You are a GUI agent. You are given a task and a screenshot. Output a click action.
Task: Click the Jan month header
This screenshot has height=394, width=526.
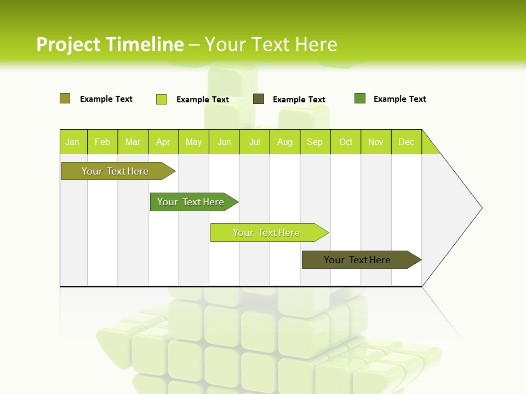click(x=73, y=142)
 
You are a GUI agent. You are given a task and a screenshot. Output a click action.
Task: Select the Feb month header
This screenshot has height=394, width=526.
click(x=102, y=142)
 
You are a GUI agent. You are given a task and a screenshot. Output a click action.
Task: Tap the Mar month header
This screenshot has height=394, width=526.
click(x=133, y=142)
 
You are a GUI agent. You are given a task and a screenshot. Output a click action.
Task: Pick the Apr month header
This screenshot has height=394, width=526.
click(x=163, y=142)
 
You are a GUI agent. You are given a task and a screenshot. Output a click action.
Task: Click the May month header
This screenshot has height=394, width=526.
click(x=193, y=142)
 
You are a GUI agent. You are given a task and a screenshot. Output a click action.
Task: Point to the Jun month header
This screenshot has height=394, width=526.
click(x=224, y=142)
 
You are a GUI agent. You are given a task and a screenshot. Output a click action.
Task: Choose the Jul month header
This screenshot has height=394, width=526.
click(x=254, y=142)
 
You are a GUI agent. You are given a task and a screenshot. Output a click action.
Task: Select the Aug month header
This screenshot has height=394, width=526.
click(x=285, y=142)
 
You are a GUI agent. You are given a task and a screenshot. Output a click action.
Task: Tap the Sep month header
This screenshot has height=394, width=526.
click(x=315, y=142)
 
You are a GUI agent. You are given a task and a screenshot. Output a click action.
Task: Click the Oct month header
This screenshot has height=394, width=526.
click(x=346, y=142)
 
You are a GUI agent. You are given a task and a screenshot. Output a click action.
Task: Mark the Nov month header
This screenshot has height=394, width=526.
click(x=376, y=142)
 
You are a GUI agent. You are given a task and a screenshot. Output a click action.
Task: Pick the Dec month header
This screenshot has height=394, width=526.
click(x=407, y=142)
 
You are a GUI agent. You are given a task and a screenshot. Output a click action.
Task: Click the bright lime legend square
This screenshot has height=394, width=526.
click(x=162, y=99)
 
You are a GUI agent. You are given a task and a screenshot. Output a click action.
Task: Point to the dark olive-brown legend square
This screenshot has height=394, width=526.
click(x=259, y=99)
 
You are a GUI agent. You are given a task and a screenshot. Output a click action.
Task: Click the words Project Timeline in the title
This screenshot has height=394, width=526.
click(x=110, y=44)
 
